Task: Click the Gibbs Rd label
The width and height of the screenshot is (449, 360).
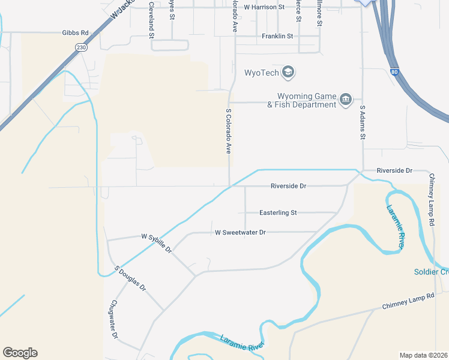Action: [x=75, y=32]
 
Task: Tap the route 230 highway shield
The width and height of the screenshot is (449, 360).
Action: [x=80, y=47]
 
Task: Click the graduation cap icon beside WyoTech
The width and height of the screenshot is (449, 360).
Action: [x=289, y=73]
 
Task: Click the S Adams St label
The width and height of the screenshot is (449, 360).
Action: [x=363, y=123]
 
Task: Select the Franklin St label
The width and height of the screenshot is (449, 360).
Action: [x=277, y=37]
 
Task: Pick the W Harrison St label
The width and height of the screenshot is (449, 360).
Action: [x=264, y=7]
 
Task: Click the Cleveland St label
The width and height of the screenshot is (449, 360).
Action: [x=151, y=19]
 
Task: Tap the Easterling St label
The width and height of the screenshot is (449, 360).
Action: [x=278, y=212]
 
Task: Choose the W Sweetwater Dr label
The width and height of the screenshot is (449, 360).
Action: [x=240, y=232]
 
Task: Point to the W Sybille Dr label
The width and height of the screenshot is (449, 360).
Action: [x=157, y=242]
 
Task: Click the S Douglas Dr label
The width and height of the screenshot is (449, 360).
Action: [x=130, y=278]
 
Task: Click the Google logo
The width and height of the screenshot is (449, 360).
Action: [x=20, y=353]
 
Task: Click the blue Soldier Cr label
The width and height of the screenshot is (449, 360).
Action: [x=431, y=272]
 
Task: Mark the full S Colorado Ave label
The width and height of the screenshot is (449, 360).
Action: [x=228, y=131]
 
